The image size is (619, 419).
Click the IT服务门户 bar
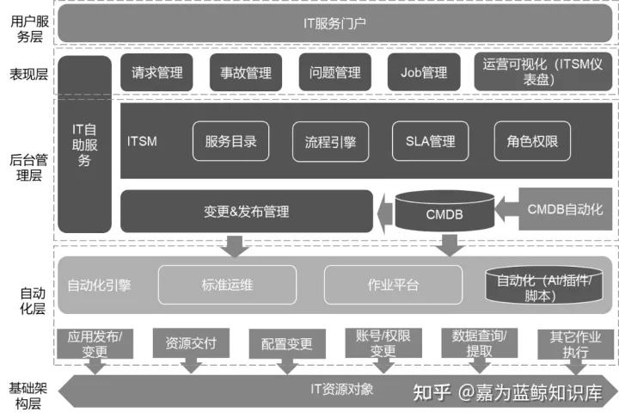(334, 23)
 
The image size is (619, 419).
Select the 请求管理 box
(156, 73)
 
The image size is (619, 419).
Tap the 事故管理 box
(246, 73)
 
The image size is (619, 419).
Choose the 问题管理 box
(334, 73)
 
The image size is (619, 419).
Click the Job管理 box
(424, 73)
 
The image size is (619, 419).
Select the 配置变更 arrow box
(286, 344)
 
